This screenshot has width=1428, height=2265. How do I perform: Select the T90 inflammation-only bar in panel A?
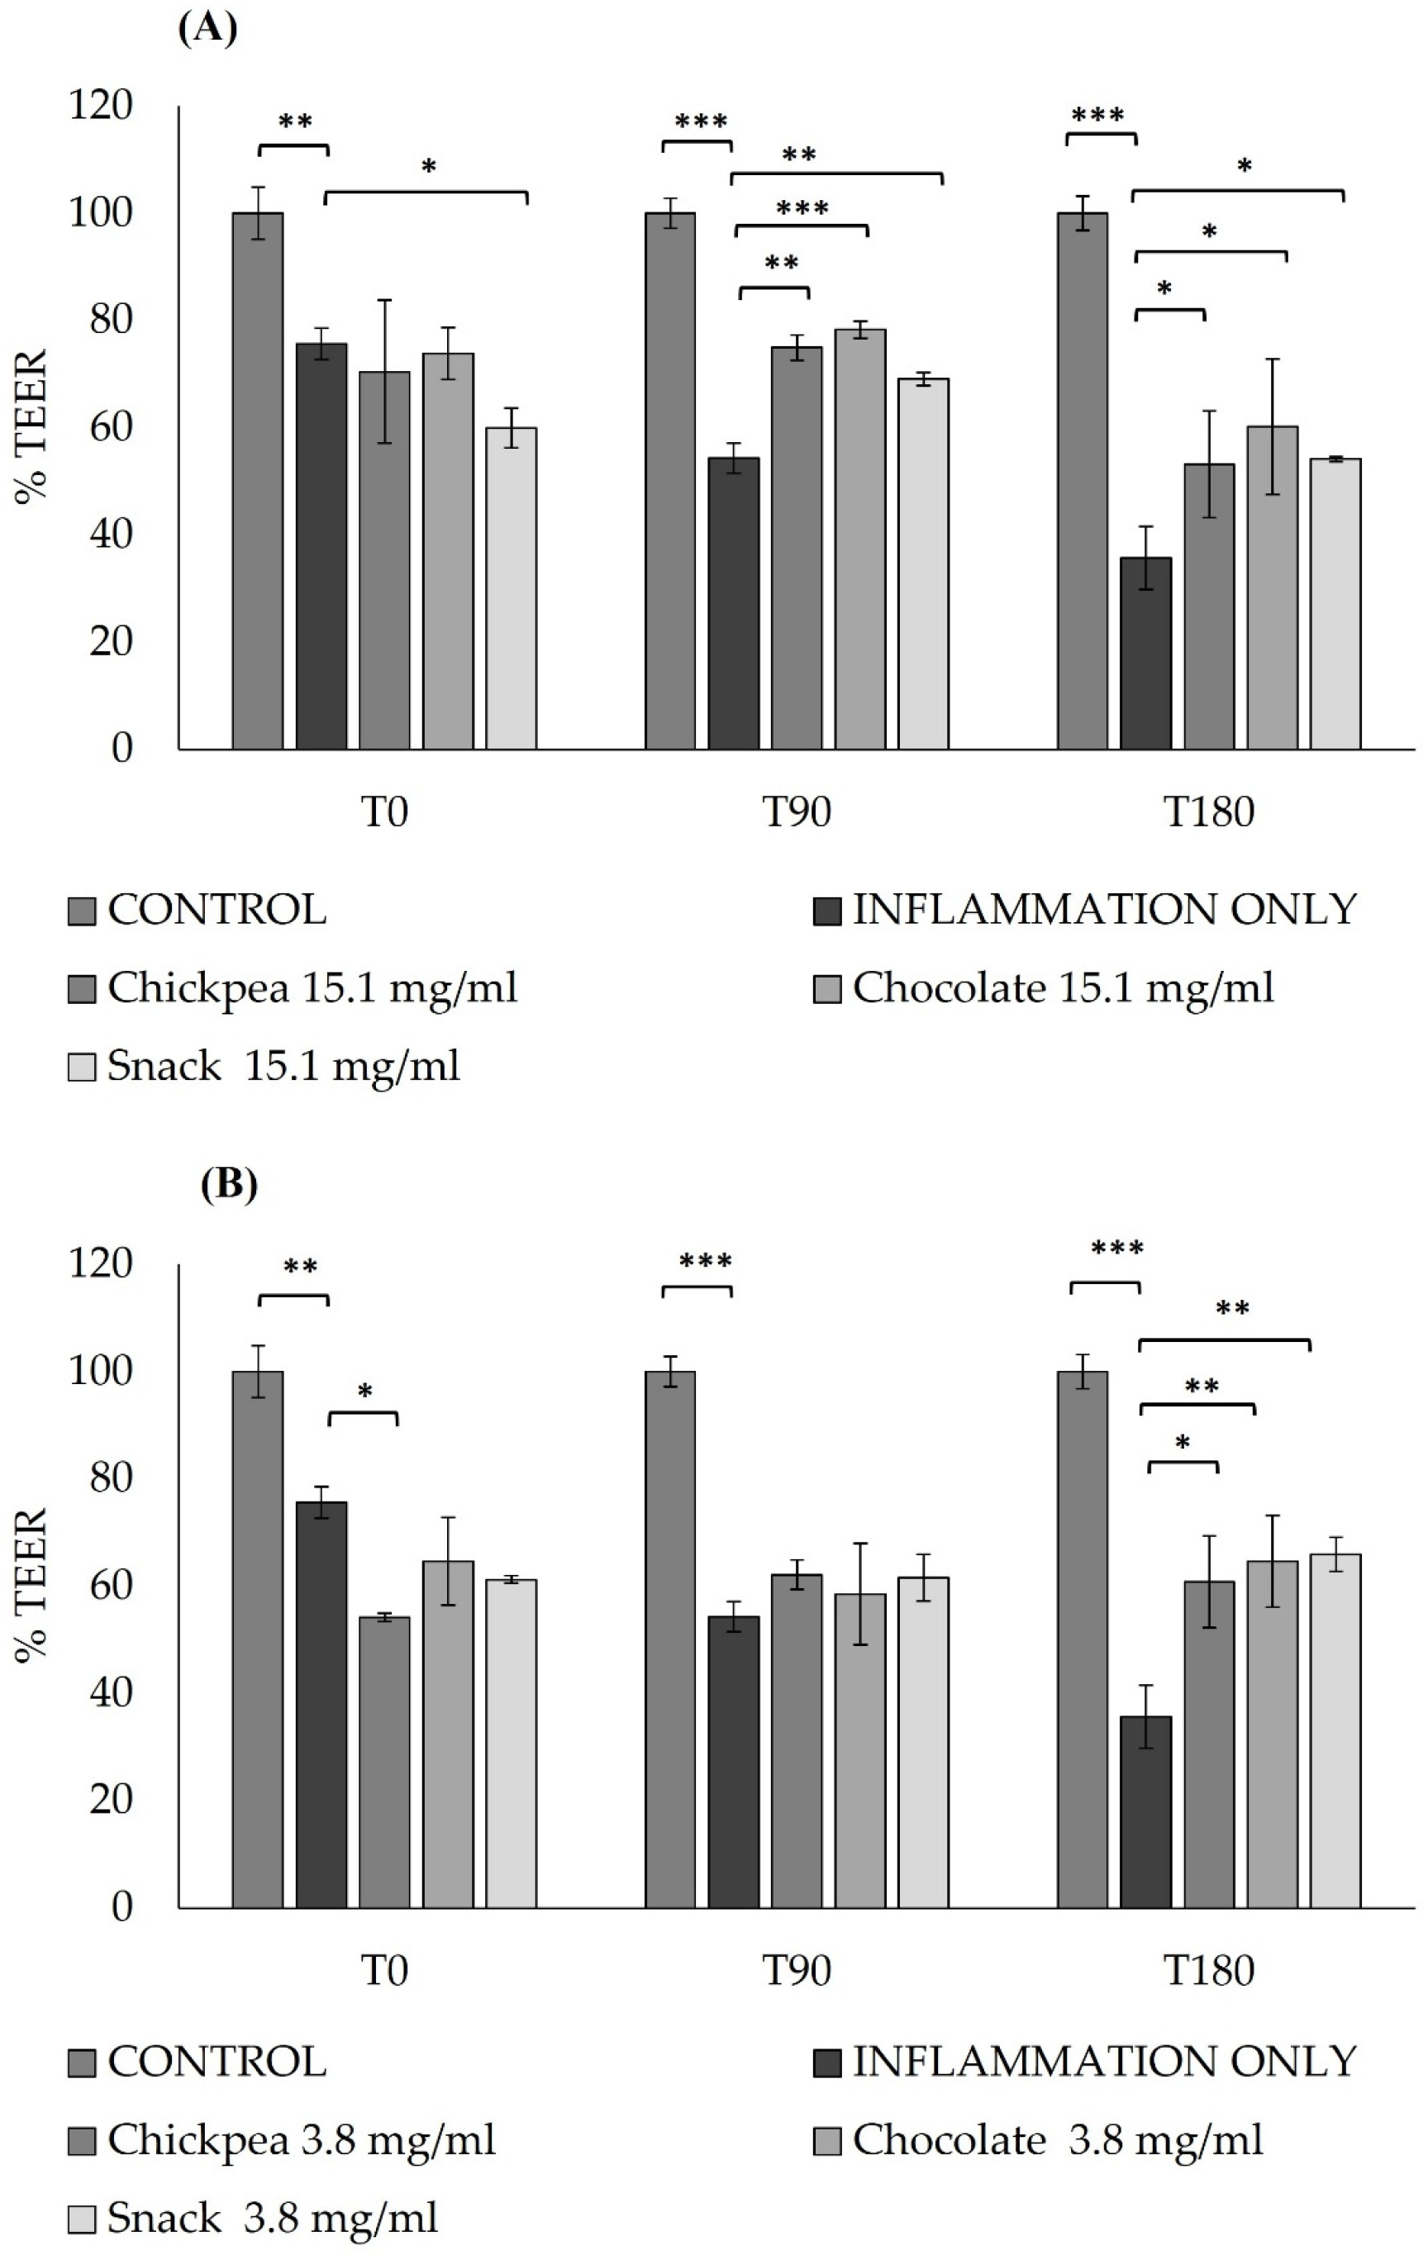pos(733,603)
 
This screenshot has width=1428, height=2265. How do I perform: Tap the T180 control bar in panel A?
pos(1082,481)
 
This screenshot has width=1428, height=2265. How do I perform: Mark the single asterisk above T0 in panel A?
pos(429,169)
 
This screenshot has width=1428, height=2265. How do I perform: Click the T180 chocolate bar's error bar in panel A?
pos(1272,426)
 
